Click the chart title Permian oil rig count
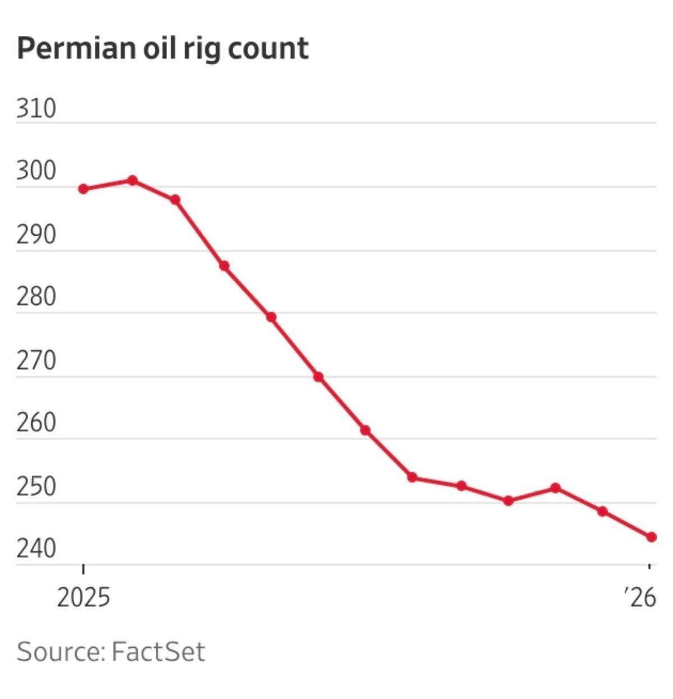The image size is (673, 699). click(x=163, y=48)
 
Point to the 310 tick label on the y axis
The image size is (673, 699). click(x=36, y=108)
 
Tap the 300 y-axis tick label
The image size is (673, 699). click(x=36, y=171)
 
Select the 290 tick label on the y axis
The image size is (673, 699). click(x=36, y=235)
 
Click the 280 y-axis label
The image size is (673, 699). click(x=36, y=297)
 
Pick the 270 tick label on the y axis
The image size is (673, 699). click(x=36, y=361)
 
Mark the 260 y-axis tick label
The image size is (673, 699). click(x=36, y=423)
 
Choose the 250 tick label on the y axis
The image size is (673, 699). click(x=36, y=487)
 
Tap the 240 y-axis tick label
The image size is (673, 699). click(x=36, y=549)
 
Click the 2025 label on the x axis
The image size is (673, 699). click(x=84, y=598)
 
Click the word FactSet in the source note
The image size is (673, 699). click(x=159, y=652)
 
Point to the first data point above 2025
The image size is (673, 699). click(x=84, y=189)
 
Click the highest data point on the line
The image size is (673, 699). click(x=133, y=180)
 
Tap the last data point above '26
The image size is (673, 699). click(x=651, y=537)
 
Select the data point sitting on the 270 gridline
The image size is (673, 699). click(x=318, y=377)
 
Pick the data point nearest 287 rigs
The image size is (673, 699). click(x=224, y=266)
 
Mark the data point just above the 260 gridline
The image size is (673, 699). click(x=365, y=430)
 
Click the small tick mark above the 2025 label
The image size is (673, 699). click(x=84, y=569)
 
